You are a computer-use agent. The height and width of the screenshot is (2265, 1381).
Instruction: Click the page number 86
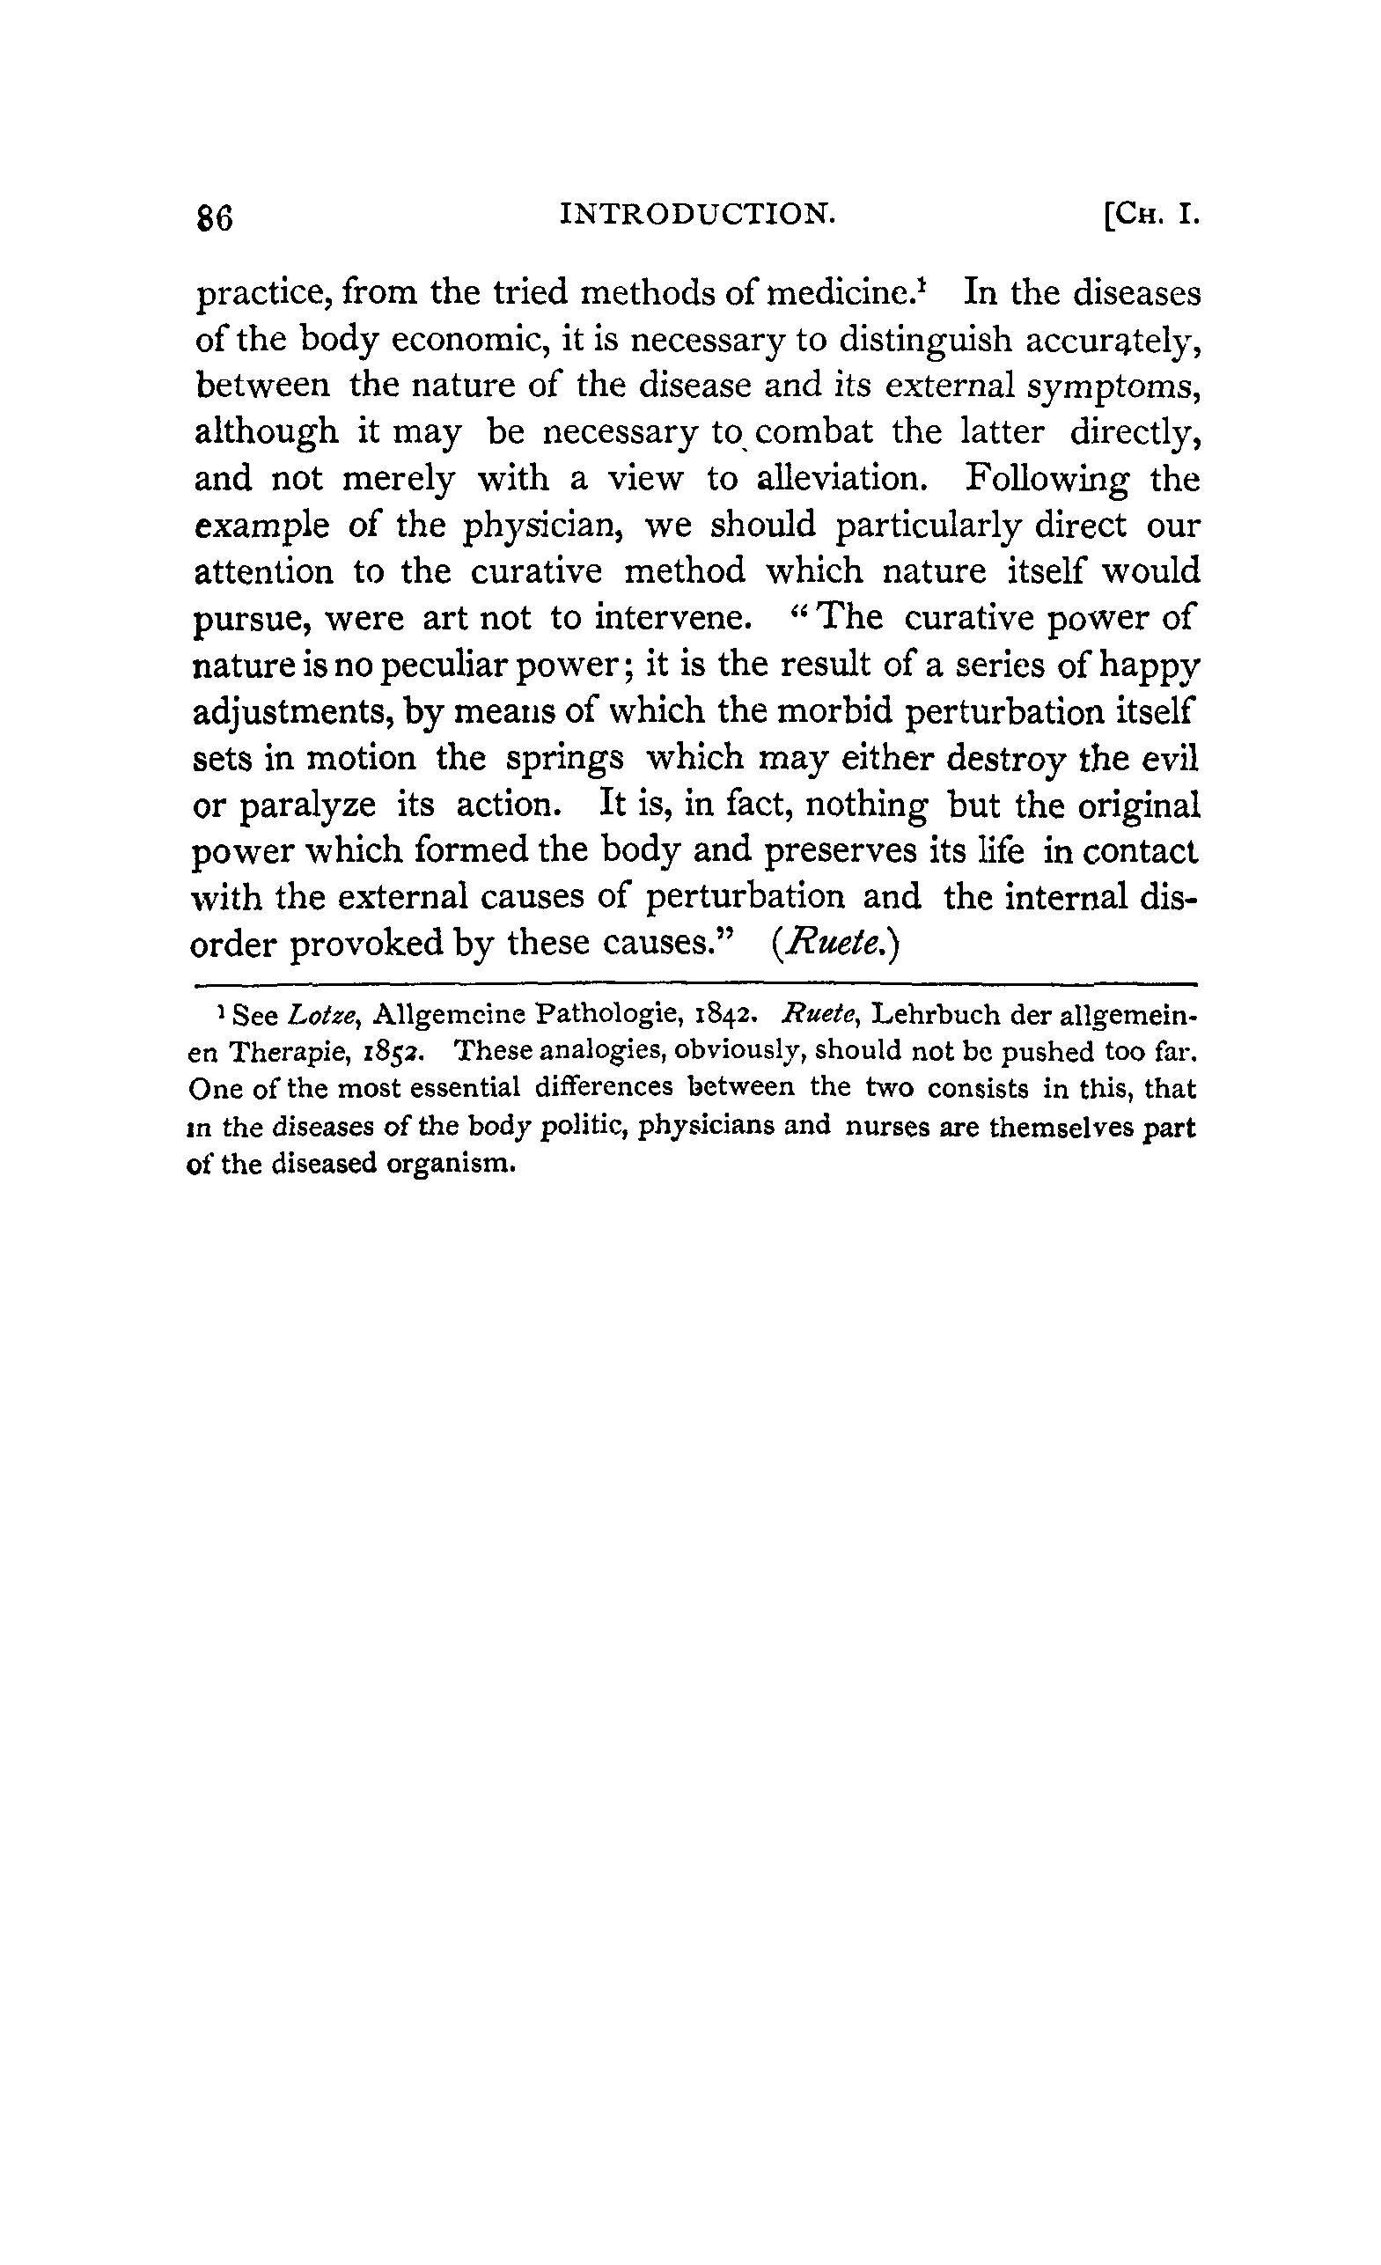[215, 219]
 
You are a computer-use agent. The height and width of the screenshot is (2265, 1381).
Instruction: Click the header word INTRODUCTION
[697, 214]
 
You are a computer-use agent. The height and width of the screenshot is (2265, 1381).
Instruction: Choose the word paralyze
[307, 806]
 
